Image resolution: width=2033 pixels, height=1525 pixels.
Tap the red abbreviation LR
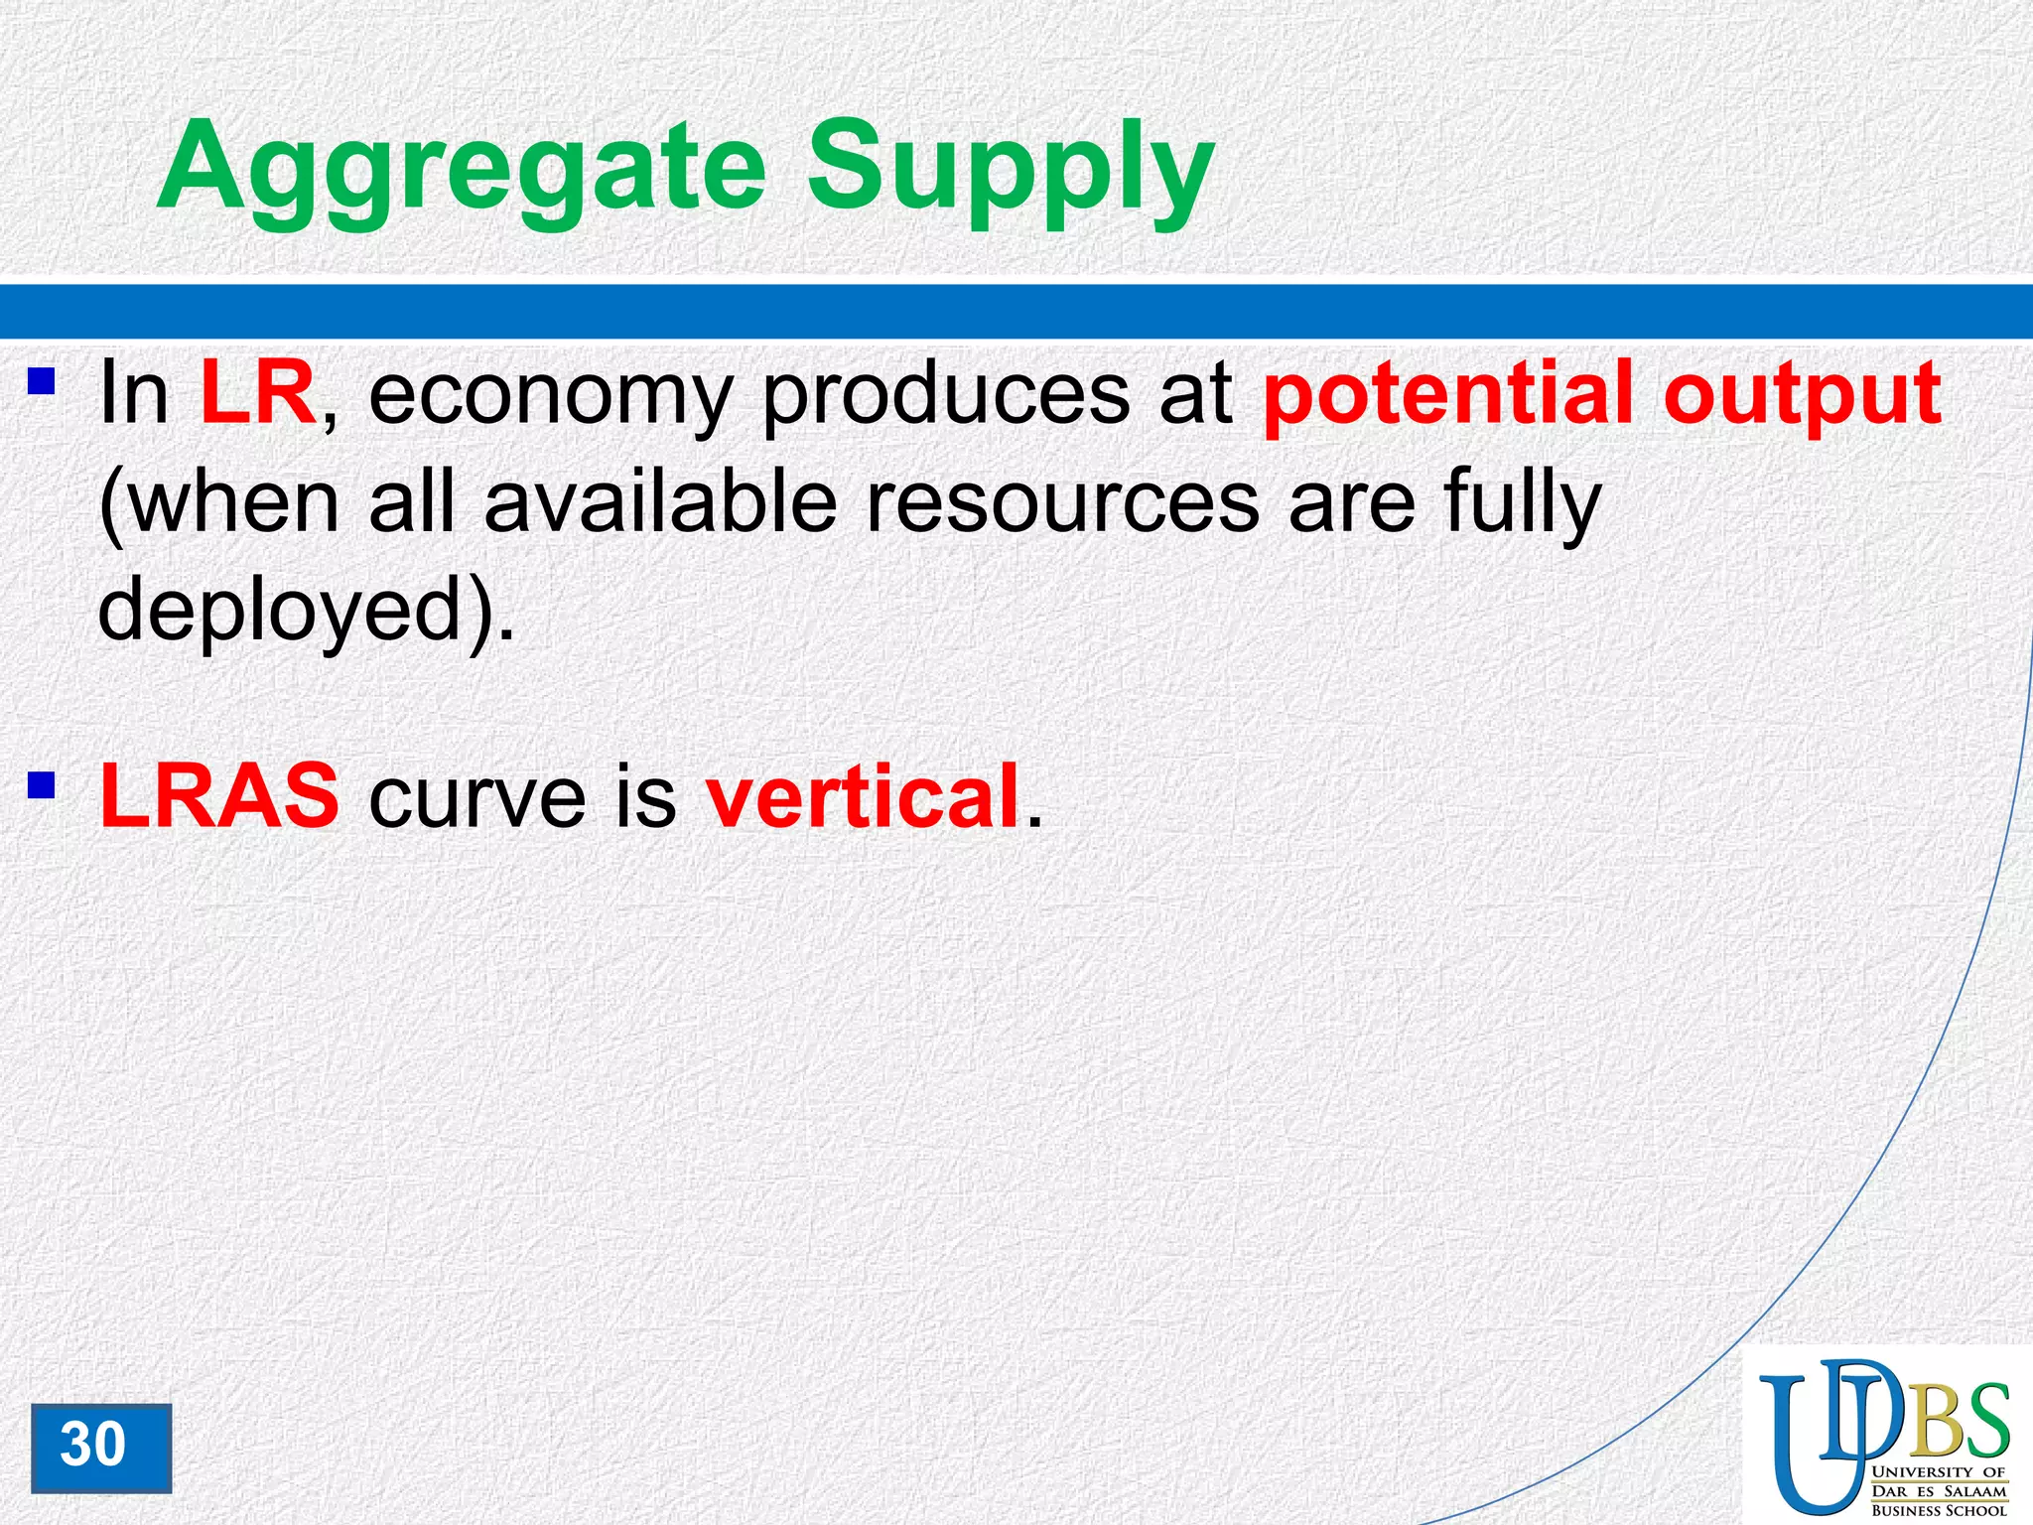pyautogui.click(x=257, y=393)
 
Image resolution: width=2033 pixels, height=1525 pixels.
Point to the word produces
pyautogui.click(x=944, y=397)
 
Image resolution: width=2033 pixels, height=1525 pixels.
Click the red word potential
pyautogui.click(x=1448, y=397)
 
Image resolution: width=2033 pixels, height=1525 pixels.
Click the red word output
pyautogui.click(x=1802, y=397)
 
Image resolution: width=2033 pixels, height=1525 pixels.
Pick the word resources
pyautogui.click(x=1063, y=504)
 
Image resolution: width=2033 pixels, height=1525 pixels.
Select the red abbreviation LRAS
pyautogui.click(x=219, y=795)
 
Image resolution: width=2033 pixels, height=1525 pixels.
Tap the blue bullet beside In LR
pyautogui.click(x=41, y=380)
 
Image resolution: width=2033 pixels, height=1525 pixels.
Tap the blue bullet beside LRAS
pyautogui.click(x=41, y=785)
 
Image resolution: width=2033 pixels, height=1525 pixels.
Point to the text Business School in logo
pyautogui.click(x=1939, y=1510)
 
